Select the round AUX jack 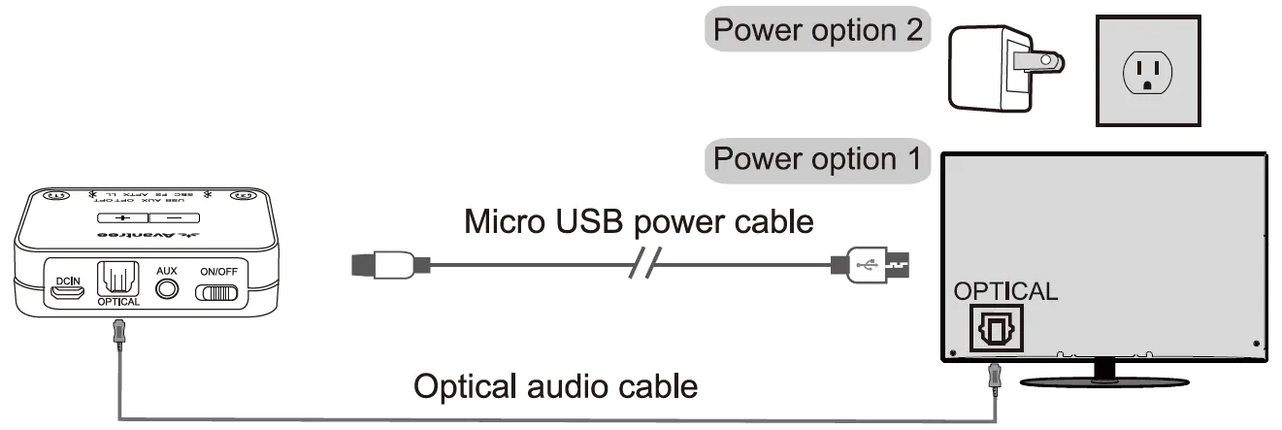pyautogui.click(x=170, y=289)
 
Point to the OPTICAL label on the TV pyautogui.click(x=1006, y=291)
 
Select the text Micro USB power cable pyautogui.click(x=639, y=221)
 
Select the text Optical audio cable pyautogui.click(x=555, y=386)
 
